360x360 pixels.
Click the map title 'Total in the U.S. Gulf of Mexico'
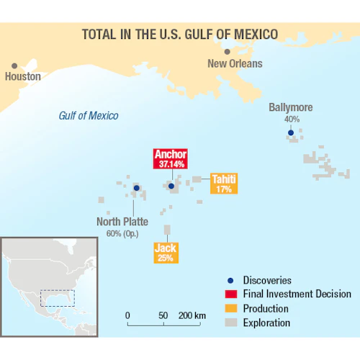pyautogui.click(x=180, y=34)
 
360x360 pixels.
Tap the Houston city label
pyautogui.click(x=23, y=76)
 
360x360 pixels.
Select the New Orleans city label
pyautogui.click(x=235, y=63)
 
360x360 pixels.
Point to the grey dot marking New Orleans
pyautogui.click(x=228, y=52)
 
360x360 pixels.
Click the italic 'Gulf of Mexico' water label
pyautogui.click(x=89, y=116)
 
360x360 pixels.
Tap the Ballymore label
pyautogui.click(x=291, y=108)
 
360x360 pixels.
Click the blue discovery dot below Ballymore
pyautogui.click(x=290, y=132)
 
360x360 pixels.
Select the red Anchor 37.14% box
pyautogui.click(x=171, y=158)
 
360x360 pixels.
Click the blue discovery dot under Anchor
pyautogui.click(x=171, y=186)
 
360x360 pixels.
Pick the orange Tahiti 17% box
pyautogui.click(x=224, y=184)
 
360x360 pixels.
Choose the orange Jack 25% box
pyautogui.click(x=166, y=252)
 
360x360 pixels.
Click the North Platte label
pyautogui.click(x=122, y=222)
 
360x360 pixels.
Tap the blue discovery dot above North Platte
pyautogui.click(x=136, y=189)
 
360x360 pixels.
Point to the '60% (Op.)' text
pyautogui.click(x=123, y=234)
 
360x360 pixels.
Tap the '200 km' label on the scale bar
pyautogui.click(x=192, y=315)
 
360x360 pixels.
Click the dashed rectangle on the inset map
pyautogui.click(x=55, y=298)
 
